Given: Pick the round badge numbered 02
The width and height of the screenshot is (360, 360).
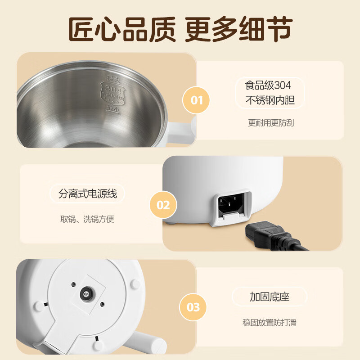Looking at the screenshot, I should [x=163, y=205].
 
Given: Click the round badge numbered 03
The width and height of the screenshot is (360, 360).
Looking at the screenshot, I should [x=193, y=307].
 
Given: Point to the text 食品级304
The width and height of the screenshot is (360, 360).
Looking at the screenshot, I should [x=268, y=85].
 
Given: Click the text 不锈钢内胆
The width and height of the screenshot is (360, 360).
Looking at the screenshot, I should [x=270, y=100].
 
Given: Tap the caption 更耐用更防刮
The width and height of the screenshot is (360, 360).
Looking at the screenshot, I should [x=271, y=122].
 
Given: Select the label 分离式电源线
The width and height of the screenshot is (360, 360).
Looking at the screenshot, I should [x=87, y=194].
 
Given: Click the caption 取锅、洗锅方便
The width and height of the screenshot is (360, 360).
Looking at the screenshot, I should [x=87, y=219].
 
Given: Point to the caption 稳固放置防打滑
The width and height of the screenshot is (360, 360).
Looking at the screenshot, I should [x=269, y=322].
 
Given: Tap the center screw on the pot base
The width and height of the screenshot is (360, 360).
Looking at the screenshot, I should [x=85, y=294].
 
